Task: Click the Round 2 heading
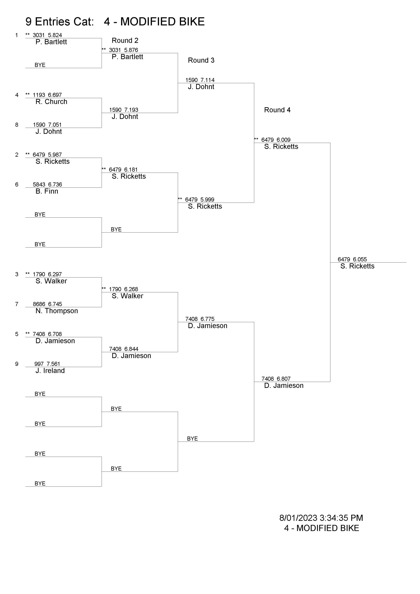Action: click(x=125, y=40)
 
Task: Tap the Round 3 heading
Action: click(x=201, y=60)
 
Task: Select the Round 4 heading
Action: click(x=277, y=110)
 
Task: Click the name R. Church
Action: click(x=51, y=102)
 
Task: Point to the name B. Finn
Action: click(x=47, y=191)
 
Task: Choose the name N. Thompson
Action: click(x=57, y=311)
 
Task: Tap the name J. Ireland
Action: click(x=50, y=371)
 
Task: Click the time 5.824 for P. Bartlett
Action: click(x=55, y=35)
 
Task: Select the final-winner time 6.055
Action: click(x=360, y=259)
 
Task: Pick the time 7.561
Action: click(x=53, y=364)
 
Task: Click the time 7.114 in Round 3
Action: click(x=207, y=80)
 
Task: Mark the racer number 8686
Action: click(x=39, y=304)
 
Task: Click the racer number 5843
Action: click(x=39, y=184)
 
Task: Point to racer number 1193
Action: click(x=39, y=95)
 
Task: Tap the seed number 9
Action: click(x=17, y=364)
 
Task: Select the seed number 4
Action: click(x=17, y=95)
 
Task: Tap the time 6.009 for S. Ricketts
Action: click(x=283, y=140)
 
